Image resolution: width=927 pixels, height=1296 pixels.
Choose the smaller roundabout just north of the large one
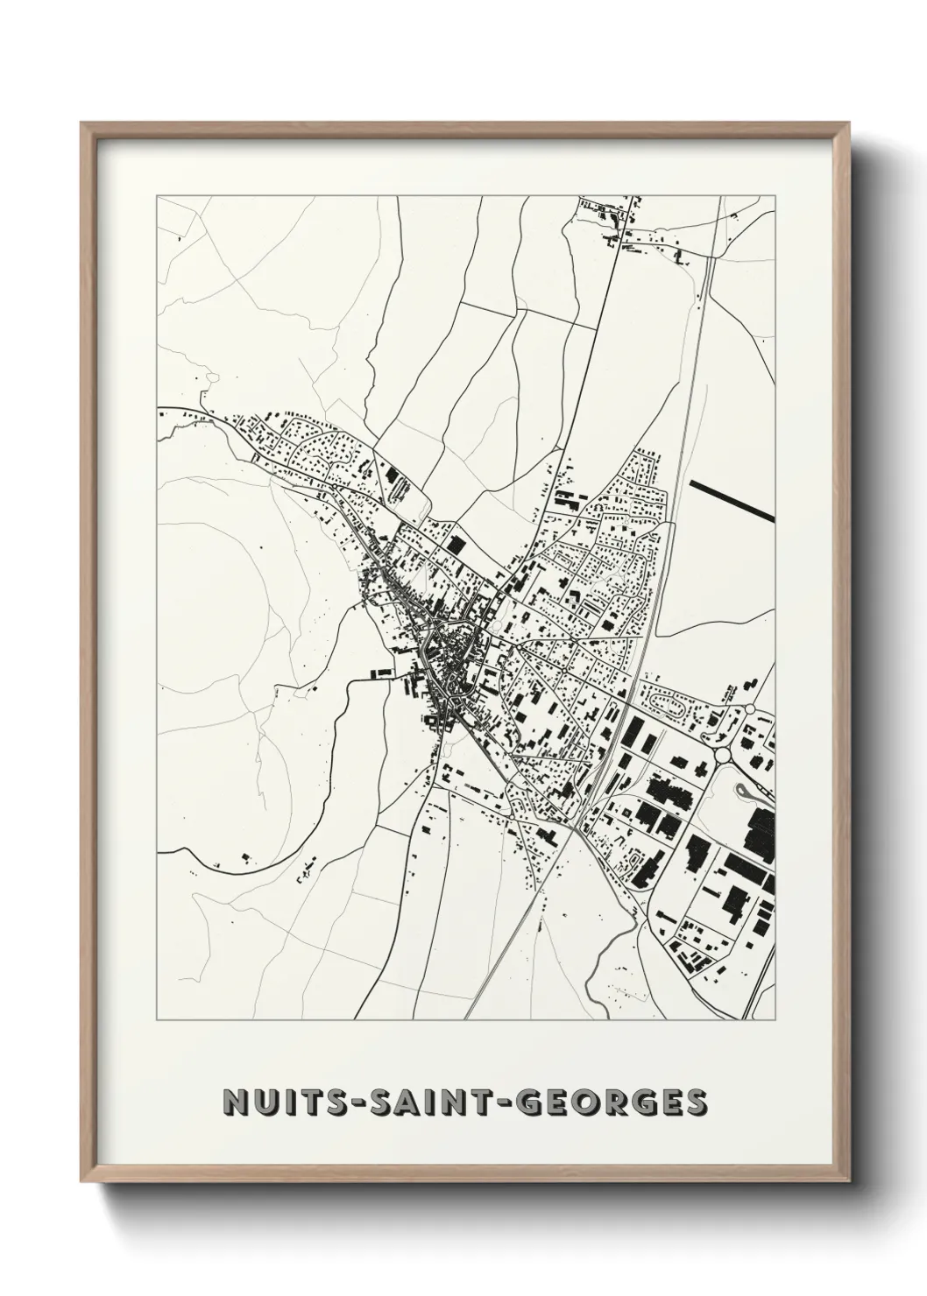click(750, 709)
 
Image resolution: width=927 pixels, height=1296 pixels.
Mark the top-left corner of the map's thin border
click(157, 196)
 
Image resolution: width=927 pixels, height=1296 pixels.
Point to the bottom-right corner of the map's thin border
click(776, 1020)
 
